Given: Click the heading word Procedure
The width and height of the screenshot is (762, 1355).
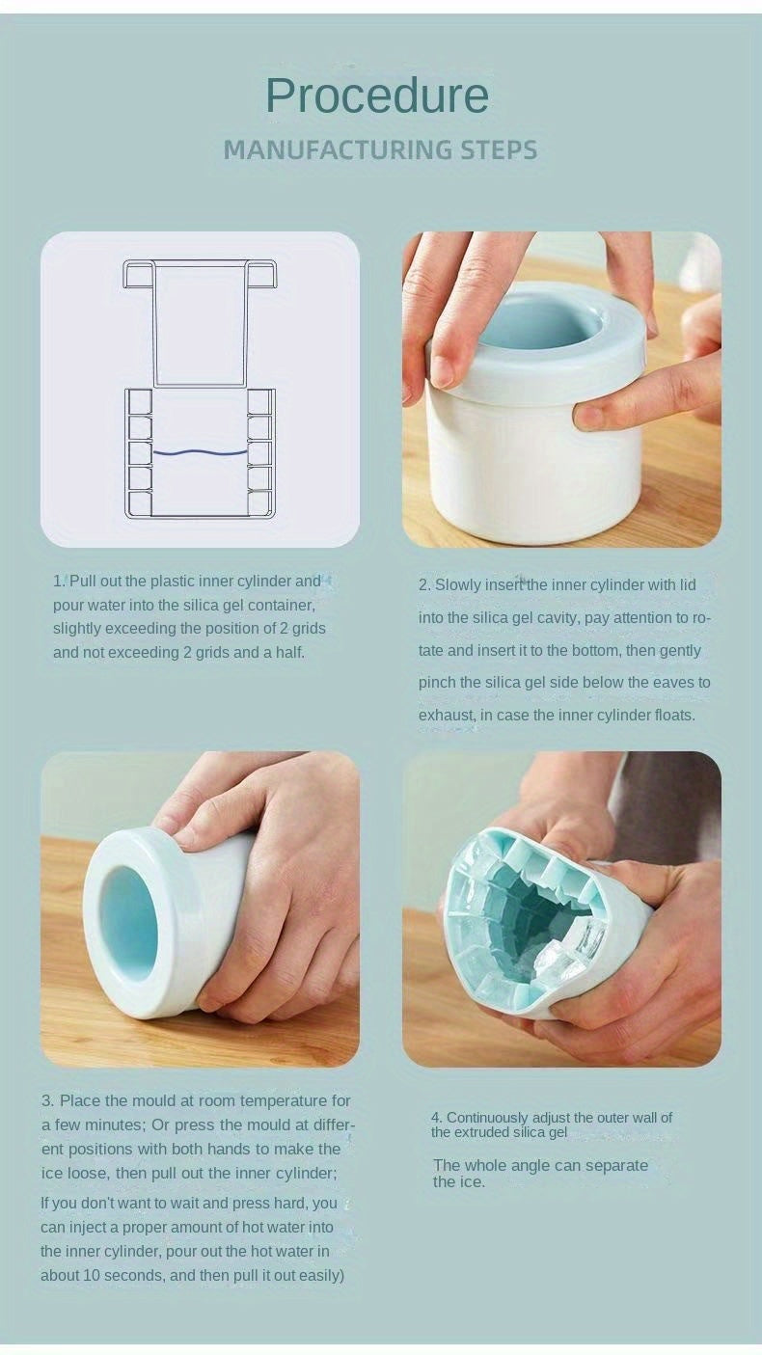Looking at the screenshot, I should click(x=377, y=95).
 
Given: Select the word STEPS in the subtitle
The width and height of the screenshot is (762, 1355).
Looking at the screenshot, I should click(x=498, y=150).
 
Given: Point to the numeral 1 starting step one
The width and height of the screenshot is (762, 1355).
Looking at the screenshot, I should click(x=57, y=582).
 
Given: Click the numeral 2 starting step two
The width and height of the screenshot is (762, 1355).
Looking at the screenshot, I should click(x=423, y=585).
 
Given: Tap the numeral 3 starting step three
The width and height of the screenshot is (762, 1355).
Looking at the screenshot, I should click(x=46, y=1100).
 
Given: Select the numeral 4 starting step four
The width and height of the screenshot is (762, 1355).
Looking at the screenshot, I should click(x=436, y=1118).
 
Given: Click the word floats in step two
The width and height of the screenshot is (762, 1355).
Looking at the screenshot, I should click(x=670, y=716).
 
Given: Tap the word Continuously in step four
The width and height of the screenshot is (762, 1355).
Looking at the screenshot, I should click(x=488, y=1118).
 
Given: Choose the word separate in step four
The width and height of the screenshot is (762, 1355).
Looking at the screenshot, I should click(x=613, y=1165).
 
